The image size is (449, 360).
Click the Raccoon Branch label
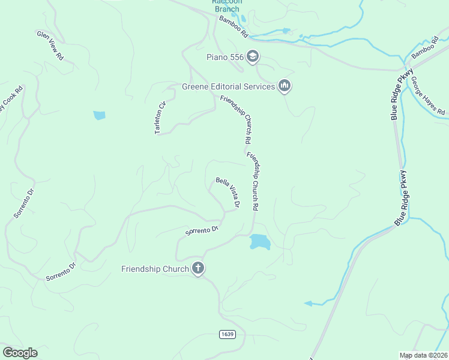coord(226,5)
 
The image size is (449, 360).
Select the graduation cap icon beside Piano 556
coord(253,57)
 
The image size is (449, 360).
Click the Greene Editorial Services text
coord(229,86)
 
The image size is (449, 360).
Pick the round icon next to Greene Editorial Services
coord(285,86)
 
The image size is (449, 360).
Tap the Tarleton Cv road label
coord(160,117)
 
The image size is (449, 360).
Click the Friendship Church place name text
coord(155,269)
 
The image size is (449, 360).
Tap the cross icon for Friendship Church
coord(198,269)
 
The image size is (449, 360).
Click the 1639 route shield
coord(228,334)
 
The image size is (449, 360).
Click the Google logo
coord(19,353)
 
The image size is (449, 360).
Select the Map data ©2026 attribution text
coord(423,355)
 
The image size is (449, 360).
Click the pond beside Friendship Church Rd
coord(259,241)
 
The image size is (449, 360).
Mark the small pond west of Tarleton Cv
coord(99,115)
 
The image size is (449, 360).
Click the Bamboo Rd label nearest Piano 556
coord(233,28)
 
